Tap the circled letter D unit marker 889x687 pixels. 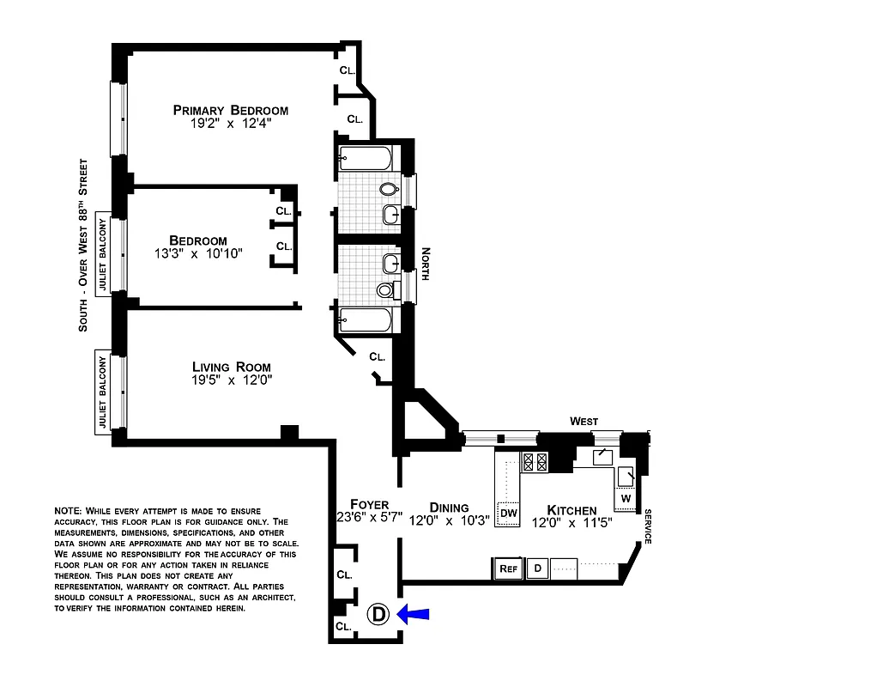tap(378, 614)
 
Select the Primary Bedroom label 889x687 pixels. tap(230, 110)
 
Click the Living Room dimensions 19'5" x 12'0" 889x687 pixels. tap(232, 380)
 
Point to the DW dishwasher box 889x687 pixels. tap(508, 514)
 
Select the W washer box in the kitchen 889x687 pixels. tap(626, 498)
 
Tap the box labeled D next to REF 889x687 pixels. tap(537, 568)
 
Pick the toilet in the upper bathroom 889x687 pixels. tap(390, 189)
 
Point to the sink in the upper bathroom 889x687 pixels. tap(390, 215)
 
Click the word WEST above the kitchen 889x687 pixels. tap(584, 421)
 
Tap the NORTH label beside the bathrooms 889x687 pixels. tap(424, 264)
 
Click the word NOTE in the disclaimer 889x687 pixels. tap(68, 511)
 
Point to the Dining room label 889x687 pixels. tap(450, 508)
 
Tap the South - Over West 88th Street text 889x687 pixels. tap(83, 245)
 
